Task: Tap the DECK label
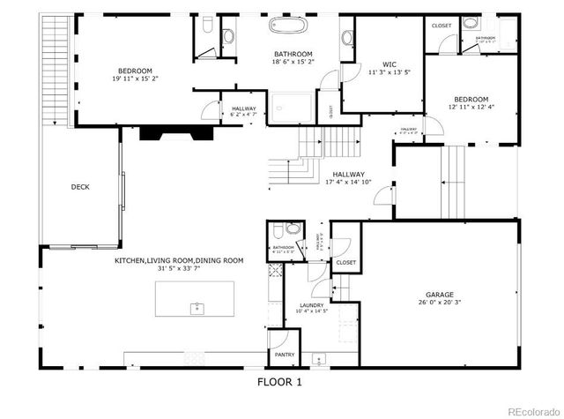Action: tap(80, 186)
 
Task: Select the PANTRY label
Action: tap(285, 355)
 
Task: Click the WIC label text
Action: tap(389, 64)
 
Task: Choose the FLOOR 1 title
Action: tap(279, 382)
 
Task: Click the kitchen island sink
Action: tap(197, 308)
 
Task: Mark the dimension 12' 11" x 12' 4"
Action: tap(471, 107)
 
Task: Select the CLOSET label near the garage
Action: tap(345, 262)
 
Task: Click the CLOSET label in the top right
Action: tap(442, 26)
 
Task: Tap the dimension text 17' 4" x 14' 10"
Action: tap(348, 183)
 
